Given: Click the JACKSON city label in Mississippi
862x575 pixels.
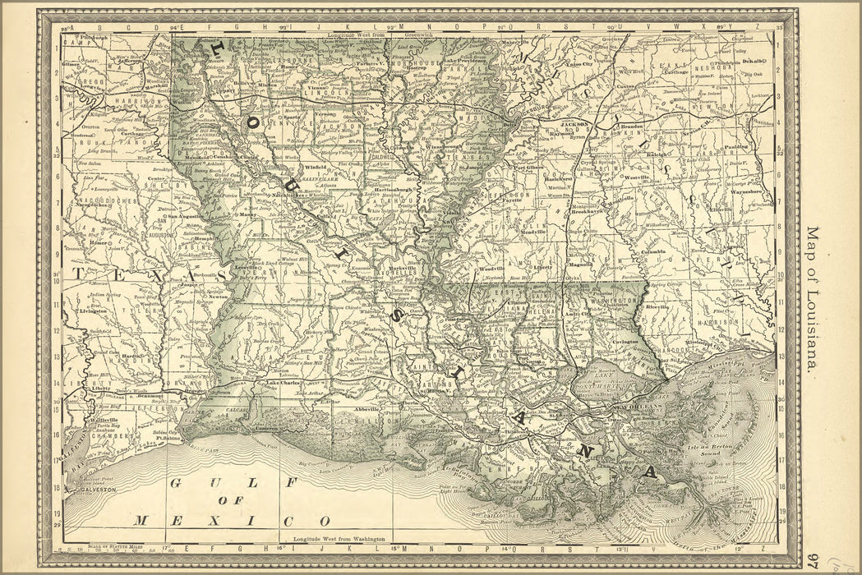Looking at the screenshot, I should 574,125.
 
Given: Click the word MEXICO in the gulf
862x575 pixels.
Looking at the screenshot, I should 233,520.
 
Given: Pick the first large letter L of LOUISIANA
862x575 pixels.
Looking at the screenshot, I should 217,48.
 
